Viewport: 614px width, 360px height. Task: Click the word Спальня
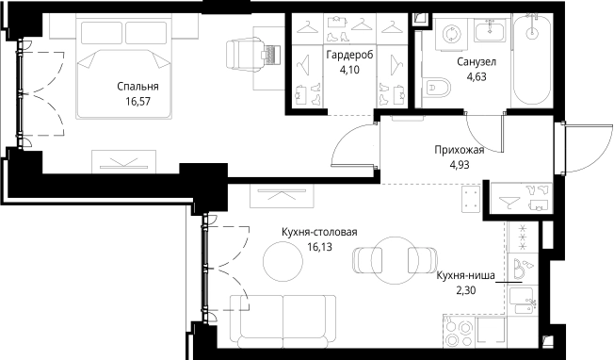point(137,87)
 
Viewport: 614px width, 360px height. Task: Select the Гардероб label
point(350,56)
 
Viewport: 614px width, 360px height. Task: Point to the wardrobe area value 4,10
point(350,70)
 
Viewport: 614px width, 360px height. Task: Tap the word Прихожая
point(459,150)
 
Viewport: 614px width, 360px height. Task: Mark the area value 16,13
point(319,247)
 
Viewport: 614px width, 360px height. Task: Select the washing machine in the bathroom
point(449,36)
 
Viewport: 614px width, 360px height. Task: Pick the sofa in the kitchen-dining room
point(283,319)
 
